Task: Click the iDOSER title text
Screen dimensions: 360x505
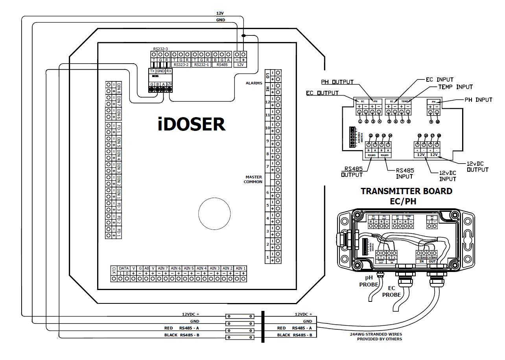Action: [x=192, y=124]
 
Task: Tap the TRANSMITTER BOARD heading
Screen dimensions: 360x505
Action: [x=406, y=191]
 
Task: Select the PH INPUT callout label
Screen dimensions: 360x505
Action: [x=478, y=100]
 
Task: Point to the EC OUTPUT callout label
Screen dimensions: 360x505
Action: [x=322, y=93]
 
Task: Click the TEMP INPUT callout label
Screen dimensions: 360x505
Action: [x=456, y=87]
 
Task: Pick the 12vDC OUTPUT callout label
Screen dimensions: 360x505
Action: [x=477, y=167]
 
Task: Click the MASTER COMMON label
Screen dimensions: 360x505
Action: [x=253, y=180]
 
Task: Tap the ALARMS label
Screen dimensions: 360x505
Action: [x=254, y=83]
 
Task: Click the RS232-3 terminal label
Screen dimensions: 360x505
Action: [x=160, y=49]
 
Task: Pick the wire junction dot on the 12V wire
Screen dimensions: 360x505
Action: [x=243, y=36]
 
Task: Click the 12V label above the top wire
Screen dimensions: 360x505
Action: [x=220, y=13]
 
